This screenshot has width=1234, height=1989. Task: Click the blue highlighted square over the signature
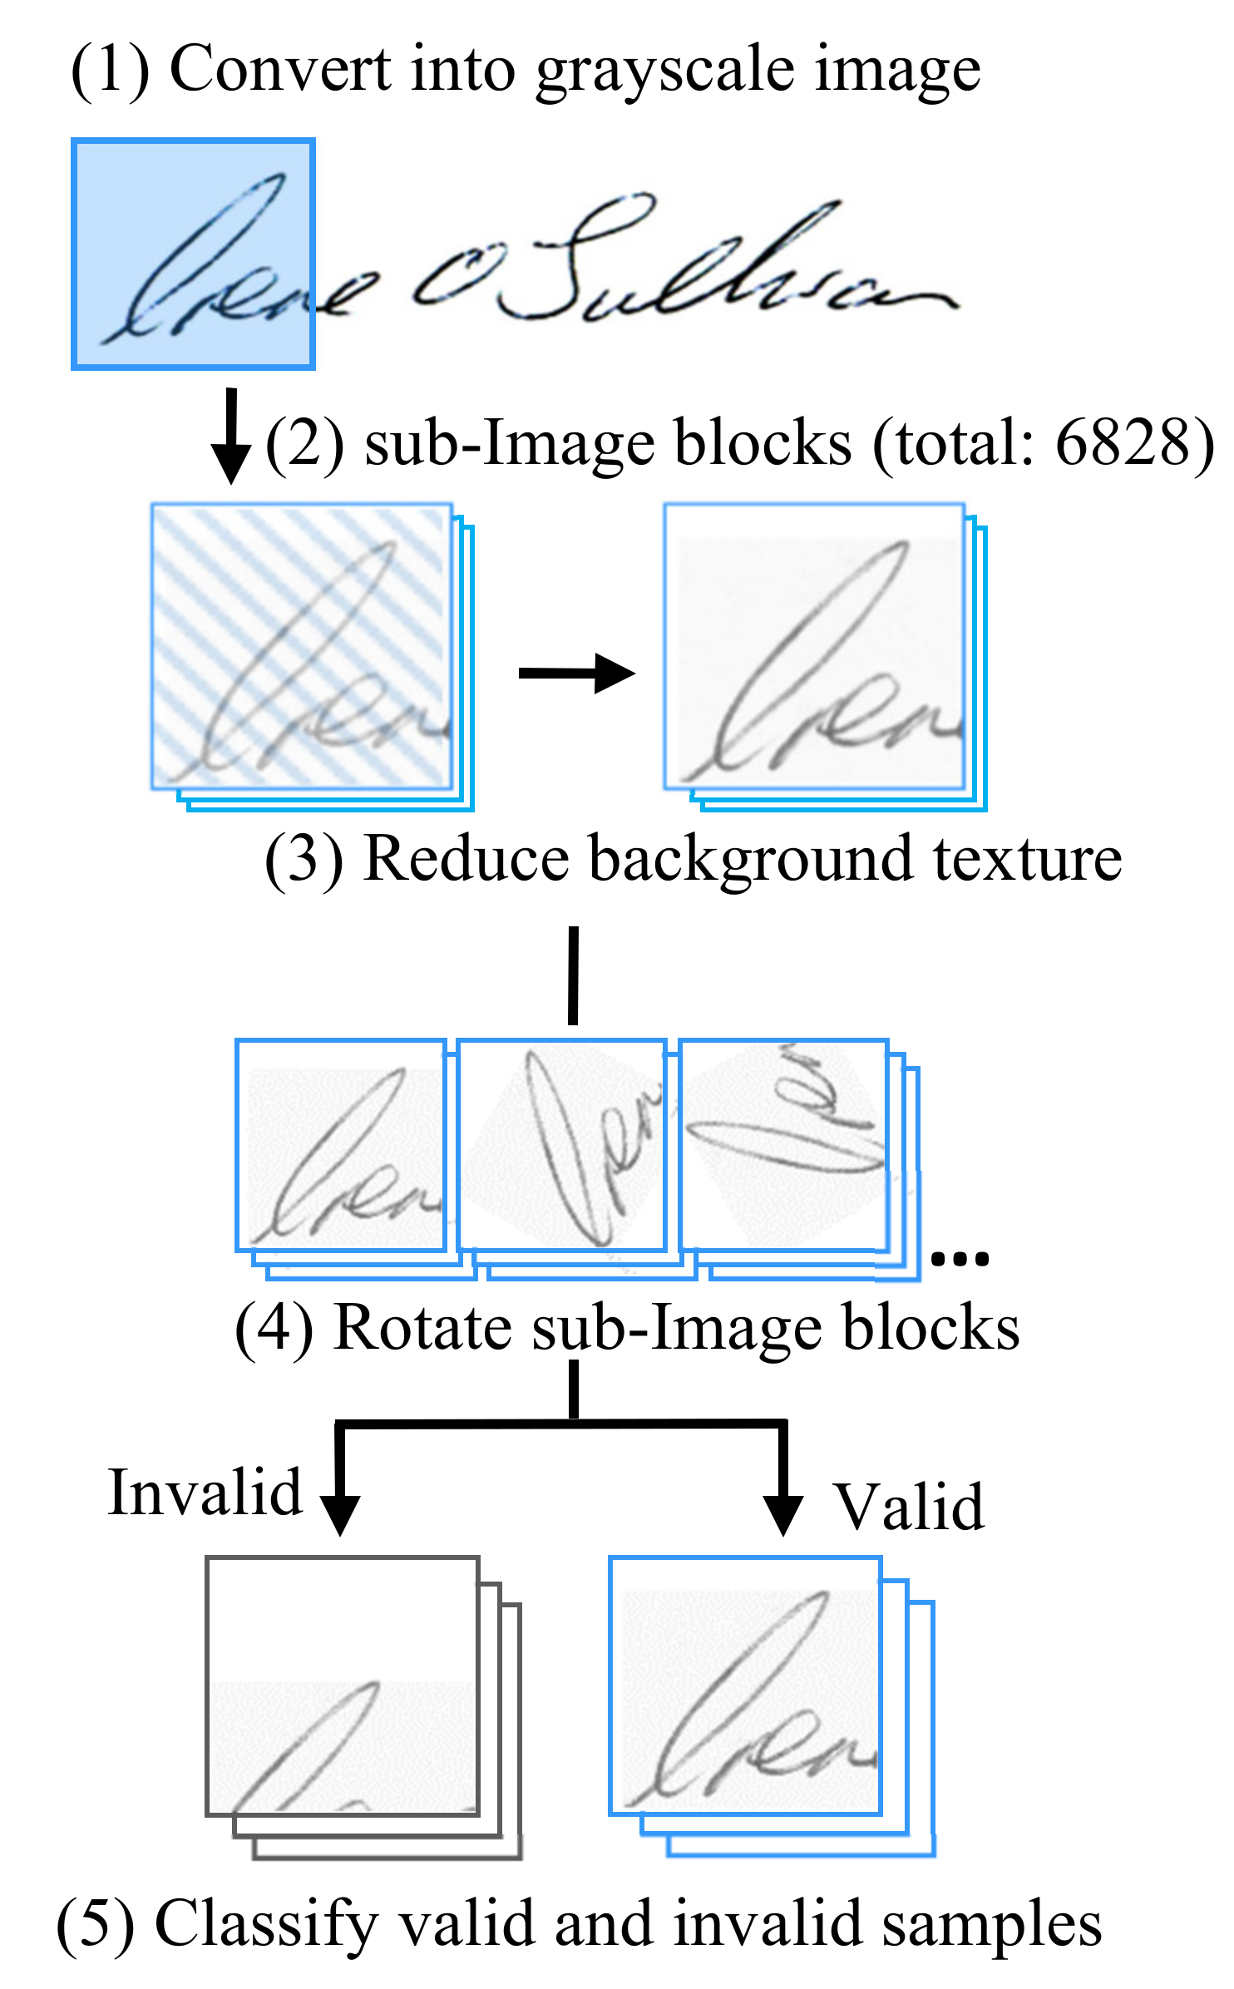pyautogui.click(x=193, y=254)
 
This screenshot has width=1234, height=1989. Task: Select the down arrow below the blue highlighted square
pyautogui.click(x=231, y=436)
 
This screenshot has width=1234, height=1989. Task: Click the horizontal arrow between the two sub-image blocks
pyautogui.click(x=575, y=673)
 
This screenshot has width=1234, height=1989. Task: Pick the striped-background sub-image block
pyautogui.click(x=302, y=647)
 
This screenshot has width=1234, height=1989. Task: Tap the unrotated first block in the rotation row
pyautogui.click(x=341, y=1145)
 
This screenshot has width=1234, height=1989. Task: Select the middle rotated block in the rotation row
pyautogui.click(x=562, y=1145)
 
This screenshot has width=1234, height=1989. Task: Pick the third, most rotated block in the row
pyautogui.click(x=784, y=1145)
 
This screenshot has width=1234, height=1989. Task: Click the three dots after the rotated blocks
pyautogui.click(x=960, y=1258)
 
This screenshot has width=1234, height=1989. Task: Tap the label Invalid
pyautogui.click(x=205, y=1493)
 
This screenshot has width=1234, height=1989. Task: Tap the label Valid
pyautogui.click(x=910, y=1507)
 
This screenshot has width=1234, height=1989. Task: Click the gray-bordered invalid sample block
pyautogui.click(x=343, y=1685)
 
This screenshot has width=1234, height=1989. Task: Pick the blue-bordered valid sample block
pyautogui.click(x=746, y=1685)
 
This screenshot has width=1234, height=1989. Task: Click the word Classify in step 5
pyautogui.click(x=266, y=1924)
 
